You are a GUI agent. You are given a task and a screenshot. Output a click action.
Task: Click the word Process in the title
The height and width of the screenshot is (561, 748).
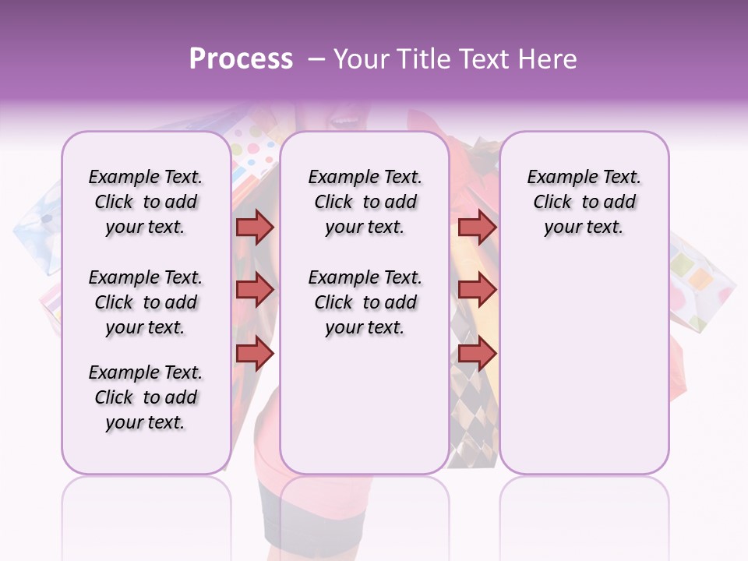tap(241, 59)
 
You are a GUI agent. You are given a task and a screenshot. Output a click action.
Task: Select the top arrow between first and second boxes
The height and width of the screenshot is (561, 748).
tap(255, 227)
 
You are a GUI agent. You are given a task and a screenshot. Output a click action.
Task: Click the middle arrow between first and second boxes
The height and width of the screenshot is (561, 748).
tap(255, 290)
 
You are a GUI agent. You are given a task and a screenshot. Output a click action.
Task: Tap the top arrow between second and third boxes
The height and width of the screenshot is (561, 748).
tap(477, 227)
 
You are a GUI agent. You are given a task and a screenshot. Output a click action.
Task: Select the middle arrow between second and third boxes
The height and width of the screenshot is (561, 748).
tap(477, 290)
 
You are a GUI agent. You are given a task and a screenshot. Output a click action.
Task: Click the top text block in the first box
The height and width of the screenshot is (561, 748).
tap(146, 202)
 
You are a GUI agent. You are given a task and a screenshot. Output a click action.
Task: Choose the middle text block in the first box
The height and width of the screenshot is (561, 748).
tap(146, 302)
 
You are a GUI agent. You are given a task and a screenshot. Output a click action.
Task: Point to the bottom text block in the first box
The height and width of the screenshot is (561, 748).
tap(146, 397)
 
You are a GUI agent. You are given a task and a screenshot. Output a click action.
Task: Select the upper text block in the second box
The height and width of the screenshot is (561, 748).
tap(365, 202)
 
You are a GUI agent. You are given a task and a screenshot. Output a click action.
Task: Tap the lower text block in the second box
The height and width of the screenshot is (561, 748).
tap(365, 302)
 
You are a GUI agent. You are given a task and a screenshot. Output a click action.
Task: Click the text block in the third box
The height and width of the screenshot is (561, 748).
tap(584, 202)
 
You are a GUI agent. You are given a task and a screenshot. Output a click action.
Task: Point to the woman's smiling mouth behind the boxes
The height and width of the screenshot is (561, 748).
tap(343, 121)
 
